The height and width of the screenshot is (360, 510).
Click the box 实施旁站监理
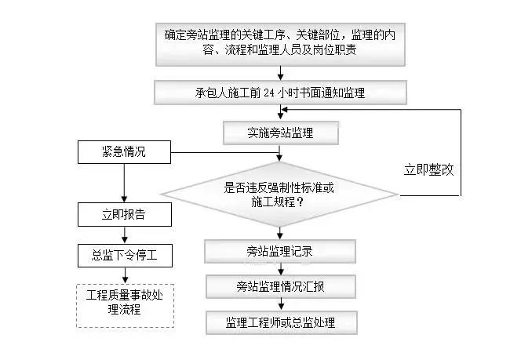click(280, 133)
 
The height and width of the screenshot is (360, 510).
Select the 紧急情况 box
click(124, 152)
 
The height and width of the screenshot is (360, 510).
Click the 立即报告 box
click(124, 213)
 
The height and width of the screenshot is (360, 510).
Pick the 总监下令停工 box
click(124, 256)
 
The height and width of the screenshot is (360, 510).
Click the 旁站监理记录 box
click(280, 251)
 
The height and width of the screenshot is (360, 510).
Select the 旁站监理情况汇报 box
click(280, 286)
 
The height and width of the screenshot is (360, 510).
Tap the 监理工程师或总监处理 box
click(280, 322)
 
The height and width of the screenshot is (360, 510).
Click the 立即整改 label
click(428, 169)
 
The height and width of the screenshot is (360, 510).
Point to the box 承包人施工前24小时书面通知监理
click(280, 93)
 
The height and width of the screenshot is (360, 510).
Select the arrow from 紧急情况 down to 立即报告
click(124, 183)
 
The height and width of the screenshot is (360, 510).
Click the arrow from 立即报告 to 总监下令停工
click(124, 235)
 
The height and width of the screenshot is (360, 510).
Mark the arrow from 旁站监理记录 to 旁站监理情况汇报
click(280, 269)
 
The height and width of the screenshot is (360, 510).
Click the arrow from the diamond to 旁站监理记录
click(280, 232)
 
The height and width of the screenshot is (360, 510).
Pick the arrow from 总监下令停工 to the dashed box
click(124, 275)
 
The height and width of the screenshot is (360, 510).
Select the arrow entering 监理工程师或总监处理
click(280, 304)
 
